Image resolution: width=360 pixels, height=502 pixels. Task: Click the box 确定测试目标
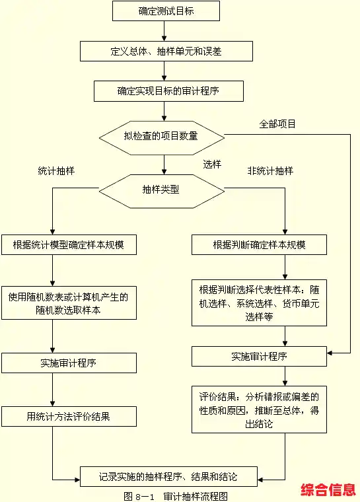coord(166,11)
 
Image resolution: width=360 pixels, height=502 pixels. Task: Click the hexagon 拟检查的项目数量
coord(161,137)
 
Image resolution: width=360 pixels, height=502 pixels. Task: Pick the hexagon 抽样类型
coord(161,189)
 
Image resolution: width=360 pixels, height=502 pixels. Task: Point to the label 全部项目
coord(277,124)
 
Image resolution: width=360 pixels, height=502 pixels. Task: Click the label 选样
coord(212,164)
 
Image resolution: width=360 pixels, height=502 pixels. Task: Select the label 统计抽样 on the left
coord(56,170)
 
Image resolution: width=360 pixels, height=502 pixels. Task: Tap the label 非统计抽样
coord(270,170)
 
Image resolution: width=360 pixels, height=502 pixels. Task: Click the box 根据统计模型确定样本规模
coord(69,245)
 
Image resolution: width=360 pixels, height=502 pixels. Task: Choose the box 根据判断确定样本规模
coord(259,245)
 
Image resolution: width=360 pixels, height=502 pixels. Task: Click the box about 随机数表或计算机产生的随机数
coord(69,304)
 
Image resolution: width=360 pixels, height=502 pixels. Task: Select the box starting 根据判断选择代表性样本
coord(259,303)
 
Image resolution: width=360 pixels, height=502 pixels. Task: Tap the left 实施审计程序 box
coord(69,363)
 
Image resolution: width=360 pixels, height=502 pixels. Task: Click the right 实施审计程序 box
coord(259,357)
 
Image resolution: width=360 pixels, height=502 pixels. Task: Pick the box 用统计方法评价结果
coord(69,416)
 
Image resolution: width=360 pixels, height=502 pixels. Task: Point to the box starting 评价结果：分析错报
coord(259,410)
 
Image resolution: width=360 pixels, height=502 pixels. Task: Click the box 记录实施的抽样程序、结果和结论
coord(168,476)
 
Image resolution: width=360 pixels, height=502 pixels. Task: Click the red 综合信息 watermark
coord(328,489)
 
